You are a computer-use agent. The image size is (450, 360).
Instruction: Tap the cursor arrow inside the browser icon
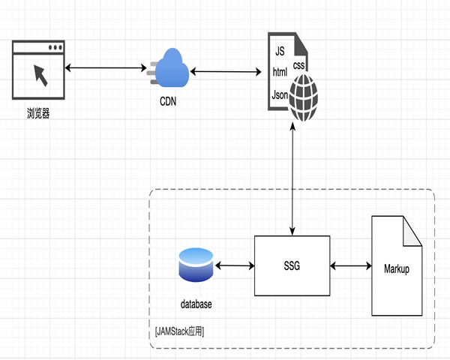coord(39,74)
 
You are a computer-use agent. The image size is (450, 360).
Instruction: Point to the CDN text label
coord(169,101)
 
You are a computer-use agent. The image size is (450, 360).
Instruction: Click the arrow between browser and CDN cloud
coord(105,69)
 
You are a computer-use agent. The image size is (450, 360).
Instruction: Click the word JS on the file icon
coord(280,52)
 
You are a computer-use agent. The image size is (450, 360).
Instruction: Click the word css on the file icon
coord(299,65)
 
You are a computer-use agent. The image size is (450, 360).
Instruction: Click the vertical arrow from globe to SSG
coord(292,180)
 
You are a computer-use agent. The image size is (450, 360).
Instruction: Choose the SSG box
coord(292,265)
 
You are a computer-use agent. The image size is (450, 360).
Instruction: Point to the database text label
coord(196,304)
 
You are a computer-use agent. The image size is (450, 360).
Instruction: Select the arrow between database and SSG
coord(234,265)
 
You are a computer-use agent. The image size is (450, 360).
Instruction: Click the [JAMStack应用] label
coord(180,331)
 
